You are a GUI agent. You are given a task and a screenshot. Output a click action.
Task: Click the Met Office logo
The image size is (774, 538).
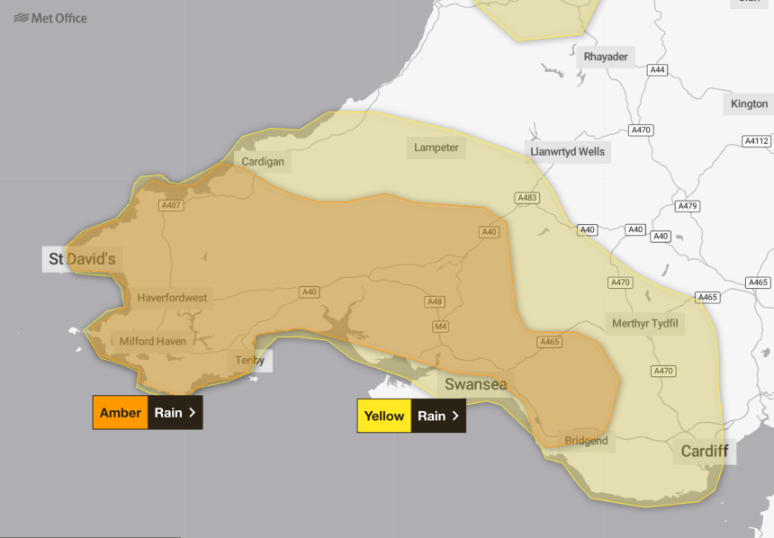click(x=50, y=17)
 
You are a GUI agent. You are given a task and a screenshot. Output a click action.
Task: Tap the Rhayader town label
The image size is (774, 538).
click(x=606, y=57)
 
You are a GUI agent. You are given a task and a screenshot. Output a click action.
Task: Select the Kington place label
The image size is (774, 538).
click(x=749, y=103)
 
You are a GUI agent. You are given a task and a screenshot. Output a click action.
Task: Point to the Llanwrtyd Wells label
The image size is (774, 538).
click(x=568, y=152)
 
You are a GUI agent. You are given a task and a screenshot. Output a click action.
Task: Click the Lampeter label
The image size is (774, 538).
click(x=436, y=148)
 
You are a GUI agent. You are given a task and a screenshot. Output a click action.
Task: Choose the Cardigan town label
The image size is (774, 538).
click(x=263, y=162)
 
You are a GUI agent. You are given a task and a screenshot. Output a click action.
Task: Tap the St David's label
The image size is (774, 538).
click(x=82, y=259)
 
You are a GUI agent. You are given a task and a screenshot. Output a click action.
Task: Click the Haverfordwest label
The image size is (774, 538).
click(x=172, y=298)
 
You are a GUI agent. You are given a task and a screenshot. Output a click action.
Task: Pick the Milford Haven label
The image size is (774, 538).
click(x=153, y=342)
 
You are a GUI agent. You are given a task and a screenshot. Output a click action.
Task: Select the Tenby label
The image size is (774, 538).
click(x=249, y=361)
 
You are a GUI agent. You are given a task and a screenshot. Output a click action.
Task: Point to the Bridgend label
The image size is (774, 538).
click(x=586, y=441)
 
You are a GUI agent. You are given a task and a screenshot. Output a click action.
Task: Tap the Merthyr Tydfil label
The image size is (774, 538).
click(x=644, y=323)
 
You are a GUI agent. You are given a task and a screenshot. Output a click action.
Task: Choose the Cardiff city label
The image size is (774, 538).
click(x=704, y=451)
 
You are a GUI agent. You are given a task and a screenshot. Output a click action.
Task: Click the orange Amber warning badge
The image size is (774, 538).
click(x=121, y=413)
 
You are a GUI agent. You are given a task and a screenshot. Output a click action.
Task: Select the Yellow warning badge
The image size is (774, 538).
click(x=384, y=417)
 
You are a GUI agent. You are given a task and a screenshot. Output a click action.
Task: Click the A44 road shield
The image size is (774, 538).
click(x=658, y=70)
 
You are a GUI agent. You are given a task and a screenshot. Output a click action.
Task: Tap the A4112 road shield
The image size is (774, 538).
click(x=757, y=141)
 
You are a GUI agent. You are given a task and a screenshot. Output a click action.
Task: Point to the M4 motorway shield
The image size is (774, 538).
click(x=441, y=326)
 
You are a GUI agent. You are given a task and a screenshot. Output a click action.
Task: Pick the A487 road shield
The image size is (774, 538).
click(x=171, y=206)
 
